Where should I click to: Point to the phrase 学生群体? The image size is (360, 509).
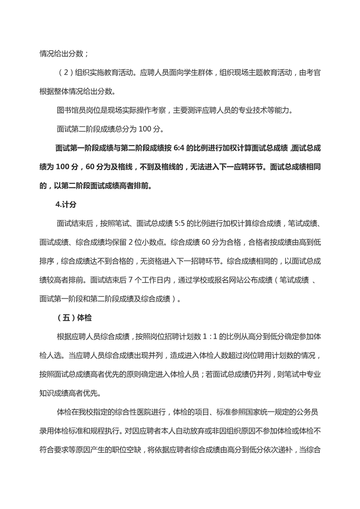tap(194, 73)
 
